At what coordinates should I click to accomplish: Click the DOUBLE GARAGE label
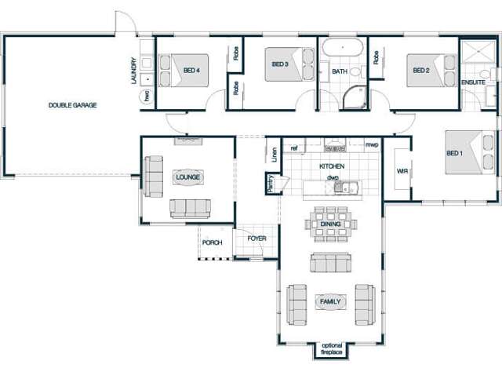pyautogui.click(x=72, y=105)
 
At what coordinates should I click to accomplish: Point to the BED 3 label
pyautogui.click(x=281, y=64)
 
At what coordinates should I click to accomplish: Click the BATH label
pyautogui.click(x=339, y=71)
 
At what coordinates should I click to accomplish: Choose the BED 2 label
pyautogui.click(x=422, y=70)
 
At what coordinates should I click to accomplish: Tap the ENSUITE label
pyautogui.click(x=473, y=82)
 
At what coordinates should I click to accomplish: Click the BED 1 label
pyautogui.click(x=455, y=153)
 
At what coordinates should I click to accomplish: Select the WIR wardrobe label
pyautogui.click(x=402, y=170)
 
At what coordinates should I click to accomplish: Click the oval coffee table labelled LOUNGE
pyautogui.click(x=188, y=177)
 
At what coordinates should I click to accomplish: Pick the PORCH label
pyautogui.click(x=212, y=243)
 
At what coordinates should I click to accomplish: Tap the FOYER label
pyautogui.click(x=257, y=238)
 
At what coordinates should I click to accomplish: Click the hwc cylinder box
pyautogui.click(x=146, y=96)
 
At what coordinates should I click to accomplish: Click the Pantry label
pyautogui.click(x=270, y=183)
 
